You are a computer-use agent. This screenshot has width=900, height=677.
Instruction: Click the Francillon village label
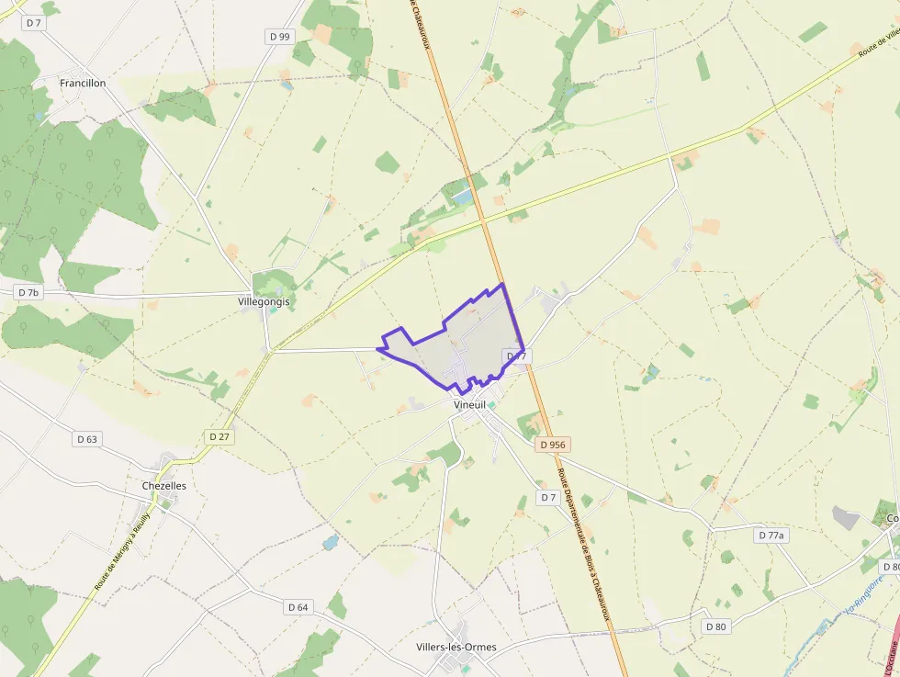pos(83,83)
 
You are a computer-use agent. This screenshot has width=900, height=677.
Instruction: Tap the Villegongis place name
pos(264,301)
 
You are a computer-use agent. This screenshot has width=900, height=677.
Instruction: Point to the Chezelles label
pos(164,486)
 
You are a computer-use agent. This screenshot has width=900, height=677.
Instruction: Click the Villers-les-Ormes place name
pos(456,647)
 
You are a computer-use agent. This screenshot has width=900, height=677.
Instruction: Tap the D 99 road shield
pos(280,37)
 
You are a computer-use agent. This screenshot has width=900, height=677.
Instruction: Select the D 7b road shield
pos(29,292)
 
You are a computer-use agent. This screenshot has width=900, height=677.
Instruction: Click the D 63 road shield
pos(86,439)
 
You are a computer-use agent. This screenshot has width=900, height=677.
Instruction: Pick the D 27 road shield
pos(219,436)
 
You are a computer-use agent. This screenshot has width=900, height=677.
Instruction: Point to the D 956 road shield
pos(553,445)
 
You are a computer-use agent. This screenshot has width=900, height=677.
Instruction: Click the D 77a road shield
pos(772,535)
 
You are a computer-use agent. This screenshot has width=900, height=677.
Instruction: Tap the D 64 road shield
pos(298,607)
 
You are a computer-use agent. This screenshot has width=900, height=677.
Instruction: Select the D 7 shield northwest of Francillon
pos(34,23)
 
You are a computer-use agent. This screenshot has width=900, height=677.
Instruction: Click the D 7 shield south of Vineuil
pos(548,497)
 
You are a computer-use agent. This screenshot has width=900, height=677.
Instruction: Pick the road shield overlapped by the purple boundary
pos(516,355)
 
